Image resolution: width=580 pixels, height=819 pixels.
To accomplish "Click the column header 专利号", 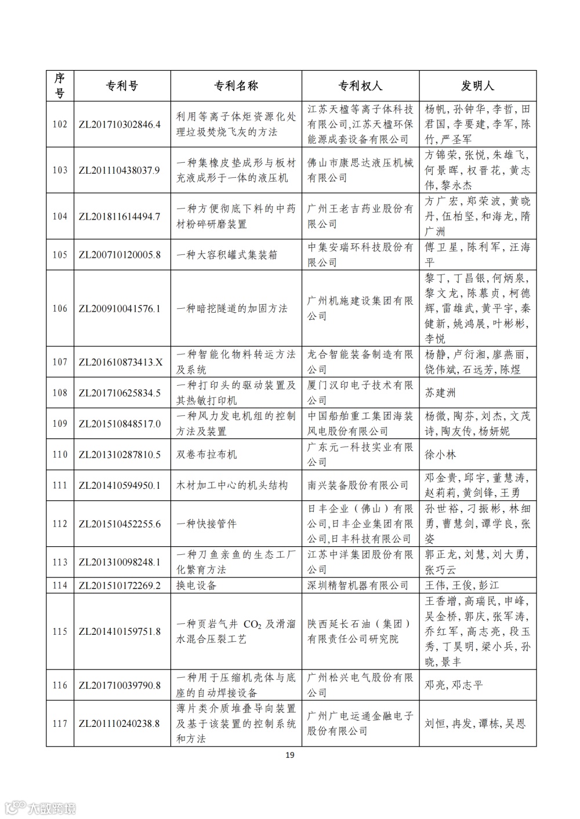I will point(122,86).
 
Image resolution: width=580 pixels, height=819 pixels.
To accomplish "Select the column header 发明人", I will point(477,86).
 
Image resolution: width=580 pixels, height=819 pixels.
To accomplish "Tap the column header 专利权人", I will point(360,86).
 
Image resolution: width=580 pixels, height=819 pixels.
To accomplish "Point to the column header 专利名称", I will point(236,86).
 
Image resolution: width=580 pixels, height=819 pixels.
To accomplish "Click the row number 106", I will point(60,309).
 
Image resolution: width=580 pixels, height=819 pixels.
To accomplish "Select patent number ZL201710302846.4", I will point(119,125).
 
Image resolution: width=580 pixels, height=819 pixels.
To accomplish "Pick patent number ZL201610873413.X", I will point(119,362).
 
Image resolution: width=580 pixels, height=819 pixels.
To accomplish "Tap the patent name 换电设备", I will point(197,586).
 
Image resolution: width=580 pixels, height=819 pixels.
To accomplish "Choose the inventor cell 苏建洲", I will point(440,393).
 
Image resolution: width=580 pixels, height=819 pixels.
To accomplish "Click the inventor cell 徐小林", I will point(440,455).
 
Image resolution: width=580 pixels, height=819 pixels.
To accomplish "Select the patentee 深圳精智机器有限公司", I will point(358,586).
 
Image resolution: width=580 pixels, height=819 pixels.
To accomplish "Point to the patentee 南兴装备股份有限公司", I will point(358,485).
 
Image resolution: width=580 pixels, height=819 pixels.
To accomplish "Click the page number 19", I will point(290,755).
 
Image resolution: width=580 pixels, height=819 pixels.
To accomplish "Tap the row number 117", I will point(60,723).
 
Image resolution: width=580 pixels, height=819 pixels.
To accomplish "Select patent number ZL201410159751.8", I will point(119,631).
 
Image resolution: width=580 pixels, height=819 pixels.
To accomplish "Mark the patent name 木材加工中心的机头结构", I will point(232,485).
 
